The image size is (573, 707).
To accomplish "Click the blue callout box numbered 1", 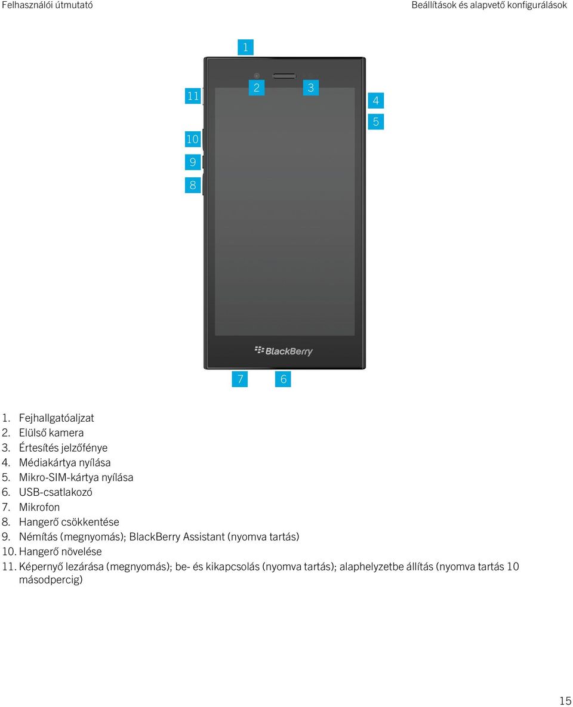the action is pos(245,47).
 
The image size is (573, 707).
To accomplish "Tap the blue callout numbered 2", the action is pos(256,88).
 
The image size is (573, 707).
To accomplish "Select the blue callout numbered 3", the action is pos(311,88).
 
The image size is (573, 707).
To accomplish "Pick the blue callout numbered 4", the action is pos(376,100).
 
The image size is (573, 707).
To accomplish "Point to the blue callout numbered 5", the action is pos(376,121).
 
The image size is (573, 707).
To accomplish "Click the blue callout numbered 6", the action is pos(283,379).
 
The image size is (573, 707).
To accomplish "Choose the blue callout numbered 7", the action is pos(240,379).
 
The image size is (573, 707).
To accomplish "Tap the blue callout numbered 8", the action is pos(193,185).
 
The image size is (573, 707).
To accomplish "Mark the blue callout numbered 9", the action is pos(193,162).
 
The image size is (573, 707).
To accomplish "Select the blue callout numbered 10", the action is pos(193,139).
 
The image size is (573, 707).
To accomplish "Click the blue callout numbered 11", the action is pos(193,96).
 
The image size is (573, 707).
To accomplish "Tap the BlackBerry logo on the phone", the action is pos(284,351).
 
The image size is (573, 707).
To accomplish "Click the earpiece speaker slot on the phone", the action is pos(284,76).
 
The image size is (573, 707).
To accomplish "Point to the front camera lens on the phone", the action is pos(257,76).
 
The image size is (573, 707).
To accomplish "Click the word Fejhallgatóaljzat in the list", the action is pos(56,418).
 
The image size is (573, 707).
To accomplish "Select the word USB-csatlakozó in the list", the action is pos(56,492).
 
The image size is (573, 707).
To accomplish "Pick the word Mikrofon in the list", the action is pos(39,507).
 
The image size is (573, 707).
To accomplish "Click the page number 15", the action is pos(565,700).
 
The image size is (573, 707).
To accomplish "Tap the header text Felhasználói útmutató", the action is pos(47,5).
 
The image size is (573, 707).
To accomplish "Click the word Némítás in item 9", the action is pos(38,536).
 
